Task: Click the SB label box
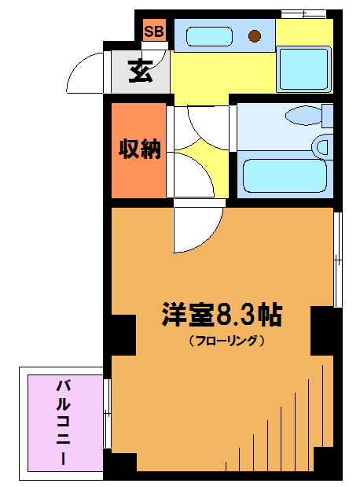[154, 30]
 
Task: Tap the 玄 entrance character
[141, 71]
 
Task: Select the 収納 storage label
[140, 149]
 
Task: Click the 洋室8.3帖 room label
[222, 314]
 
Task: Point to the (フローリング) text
[227, 341]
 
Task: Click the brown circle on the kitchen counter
[255, 36]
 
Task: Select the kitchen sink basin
[209, 37]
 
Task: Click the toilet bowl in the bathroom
[303, 116]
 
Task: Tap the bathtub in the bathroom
[285, 175]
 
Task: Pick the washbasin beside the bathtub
[323, 147]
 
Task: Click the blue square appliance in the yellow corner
[303, 69]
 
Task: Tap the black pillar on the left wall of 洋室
[123, 335]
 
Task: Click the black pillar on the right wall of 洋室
[322, 330]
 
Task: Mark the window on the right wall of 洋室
[338, 260]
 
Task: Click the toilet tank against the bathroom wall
[328, 116]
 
